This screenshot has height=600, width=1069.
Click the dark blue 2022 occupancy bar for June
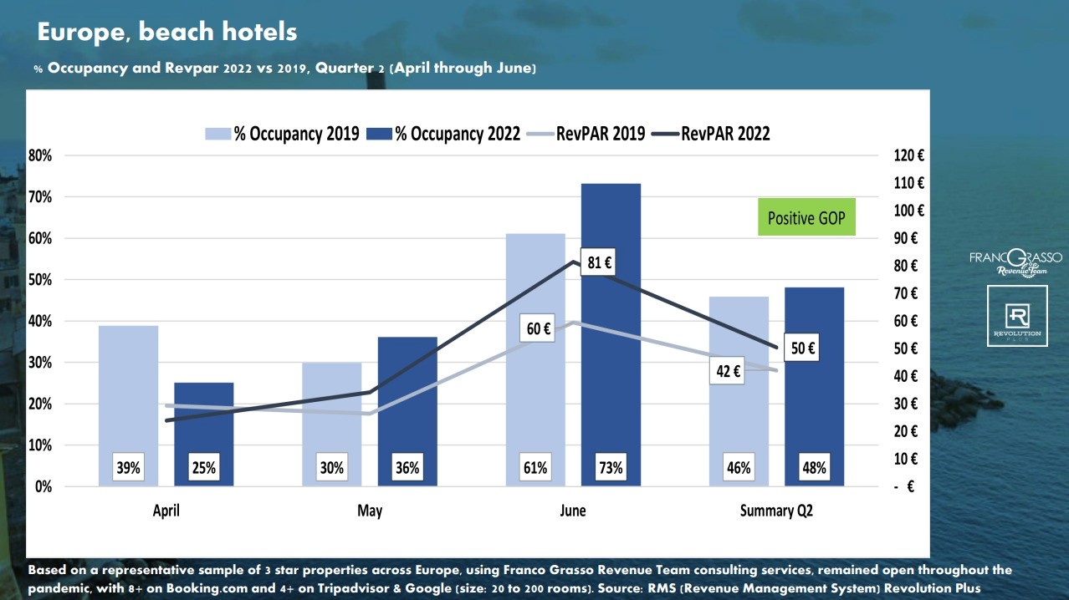611,334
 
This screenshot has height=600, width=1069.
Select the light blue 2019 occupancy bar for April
128,393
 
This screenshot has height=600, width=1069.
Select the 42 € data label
727,372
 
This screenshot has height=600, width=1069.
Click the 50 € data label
800,348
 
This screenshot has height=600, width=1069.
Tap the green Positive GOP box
806,217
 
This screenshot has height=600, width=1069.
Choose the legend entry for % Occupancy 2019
283,134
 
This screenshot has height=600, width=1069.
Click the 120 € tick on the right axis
908,155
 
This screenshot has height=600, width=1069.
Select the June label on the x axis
573,511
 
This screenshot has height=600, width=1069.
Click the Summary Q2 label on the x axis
775,511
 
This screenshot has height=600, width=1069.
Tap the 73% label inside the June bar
611,468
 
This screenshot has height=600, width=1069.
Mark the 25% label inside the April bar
203,468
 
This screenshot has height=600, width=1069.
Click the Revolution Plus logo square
1017,315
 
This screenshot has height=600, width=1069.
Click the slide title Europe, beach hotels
167,33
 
